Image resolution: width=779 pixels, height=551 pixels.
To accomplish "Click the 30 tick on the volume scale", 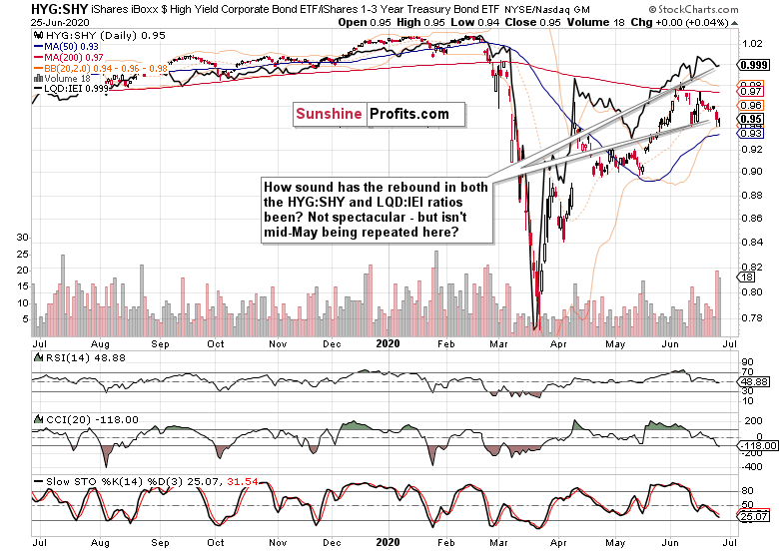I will click(x=22, y=238).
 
